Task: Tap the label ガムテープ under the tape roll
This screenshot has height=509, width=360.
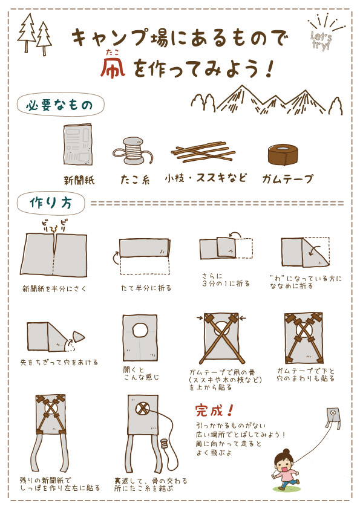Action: click(287, 180)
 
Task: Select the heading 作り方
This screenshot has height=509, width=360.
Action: click(51, 203)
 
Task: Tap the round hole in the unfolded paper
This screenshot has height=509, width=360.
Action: click(140, 330)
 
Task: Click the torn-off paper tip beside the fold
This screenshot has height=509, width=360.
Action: click(78, 336)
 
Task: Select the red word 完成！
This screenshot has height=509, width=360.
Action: click(214, 411)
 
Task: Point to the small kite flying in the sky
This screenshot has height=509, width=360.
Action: click(332, 417)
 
